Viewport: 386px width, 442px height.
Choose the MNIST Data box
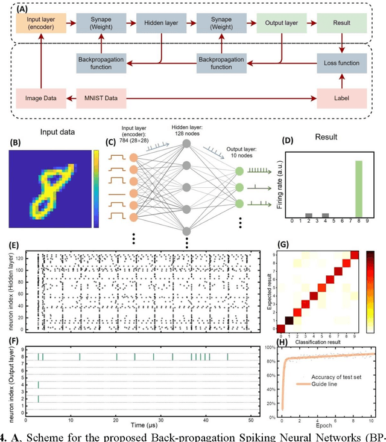click(x=101, y=96)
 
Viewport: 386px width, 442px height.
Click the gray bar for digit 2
click(x=308, y=215)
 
